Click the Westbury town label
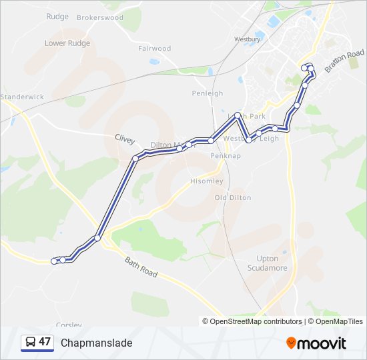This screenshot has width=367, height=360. click(247, 39)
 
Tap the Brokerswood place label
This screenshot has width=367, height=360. click(100, 18)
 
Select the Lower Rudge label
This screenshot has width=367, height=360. click(67, 43)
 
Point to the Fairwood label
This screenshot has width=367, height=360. click(155, 49)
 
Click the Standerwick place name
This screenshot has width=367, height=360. click(22, 97)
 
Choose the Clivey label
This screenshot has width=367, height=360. click(124, 140)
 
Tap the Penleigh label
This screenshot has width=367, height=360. click(208, 93)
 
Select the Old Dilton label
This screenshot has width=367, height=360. click(233, 198)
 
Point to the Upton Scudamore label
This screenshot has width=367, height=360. click(272, 263)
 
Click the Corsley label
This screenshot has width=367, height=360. click(68, 325)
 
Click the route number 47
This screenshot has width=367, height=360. click(45, 342)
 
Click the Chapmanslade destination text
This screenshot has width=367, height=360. click(97, 343)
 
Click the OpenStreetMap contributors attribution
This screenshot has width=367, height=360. click(256, 321)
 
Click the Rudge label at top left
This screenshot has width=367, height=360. click(58, 17)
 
